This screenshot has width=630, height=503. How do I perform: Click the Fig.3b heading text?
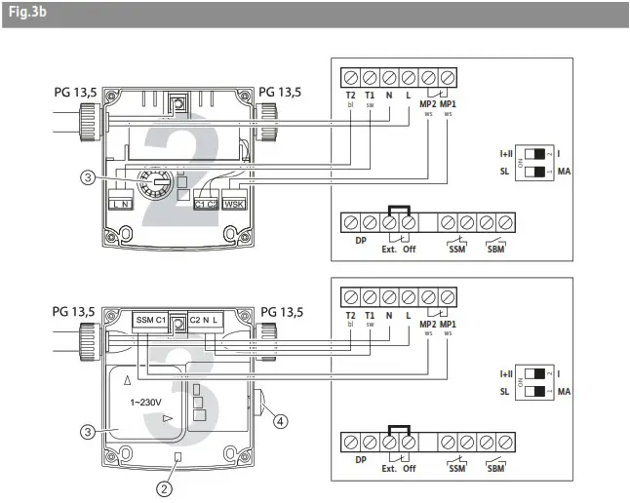pos(24,15)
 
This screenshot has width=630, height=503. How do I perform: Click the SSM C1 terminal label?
pos(150,320)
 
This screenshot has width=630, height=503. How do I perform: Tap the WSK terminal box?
pos(233,204)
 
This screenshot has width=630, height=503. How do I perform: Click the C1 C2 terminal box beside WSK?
pos(205,204)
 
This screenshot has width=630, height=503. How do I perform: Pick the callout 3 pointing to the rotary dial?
pos(89,177)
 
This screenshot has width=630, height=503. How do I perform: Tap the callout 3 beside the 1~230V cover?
pos(90,428)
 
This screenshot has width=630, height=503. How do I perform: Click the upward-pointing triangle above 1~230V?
pos(128,377)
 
